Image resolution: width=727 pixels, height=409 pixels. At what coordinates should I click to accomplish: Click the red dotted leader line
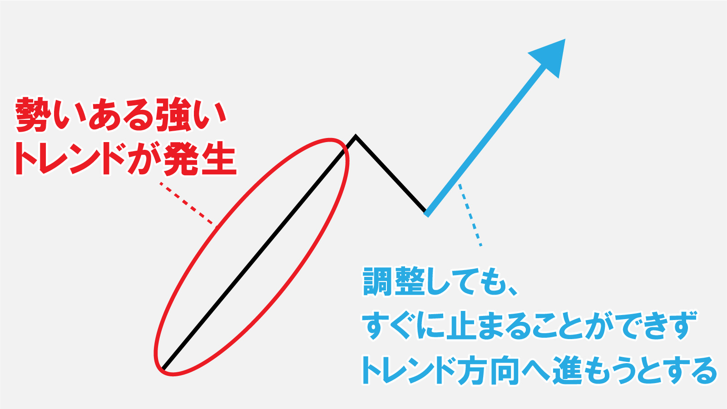coord(187,204)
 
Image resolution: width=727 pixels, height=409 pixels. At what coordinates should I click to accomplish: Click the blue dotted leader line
coord(470,215)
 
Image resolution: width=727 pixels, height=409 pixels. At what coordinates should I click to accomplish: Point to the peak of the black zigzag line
coord(356,136)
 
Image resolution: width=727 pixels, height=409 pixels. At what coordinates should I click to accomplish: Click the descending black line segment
coord(391,174)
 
